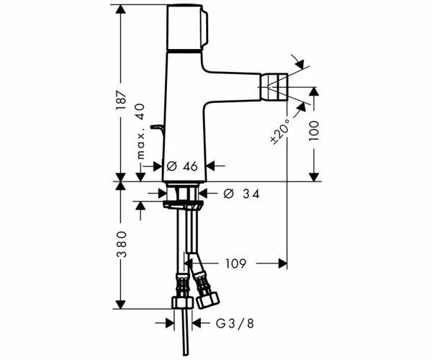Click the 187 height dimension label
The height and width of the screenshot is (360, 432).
coord(121,99)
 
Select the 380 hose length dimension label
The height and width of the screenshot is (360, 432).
coord(121,244)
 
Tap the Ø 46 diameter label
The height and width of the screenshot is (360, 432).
coord(182,166)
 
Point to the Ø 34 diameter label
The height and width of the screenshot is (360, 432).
coord(241,194)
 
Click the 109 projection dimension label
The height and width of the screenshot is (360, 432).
coord(235,264)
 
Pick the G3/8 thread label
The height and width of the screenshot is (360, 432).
coord(235,323)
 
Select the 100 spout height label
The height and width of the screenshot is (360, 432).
coord(314,131)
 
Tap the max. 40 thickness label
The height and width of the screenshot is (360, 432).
coord(141,131)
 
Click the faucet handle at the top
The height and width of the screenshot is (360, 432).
coord(186,27)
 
